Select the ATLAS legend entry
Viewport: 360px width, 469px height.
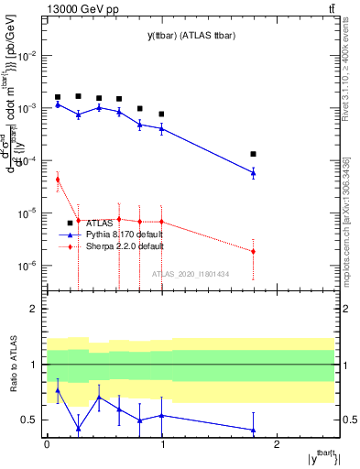92,223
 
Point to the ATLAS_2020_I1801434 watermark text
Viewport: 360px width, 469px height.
190,274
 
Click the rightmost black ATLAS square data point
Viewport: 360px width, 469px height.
253,154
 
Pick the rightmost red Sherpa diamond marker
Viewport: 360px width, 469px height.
253,251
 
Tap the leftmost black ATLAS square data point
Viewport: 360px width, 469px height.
58,97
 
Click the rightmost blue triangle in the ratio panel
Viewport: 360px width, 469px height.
253,430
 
